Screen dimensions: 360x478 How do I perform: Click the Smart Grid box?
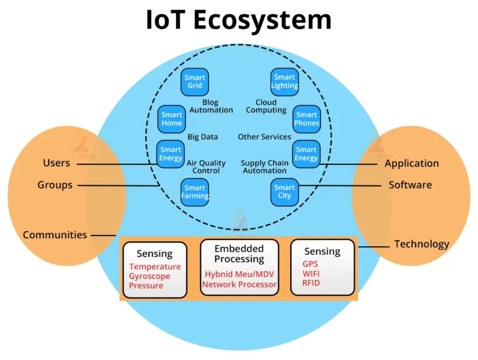[195, 82]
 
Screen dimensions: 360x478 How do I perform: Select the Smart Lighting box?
[284, 82]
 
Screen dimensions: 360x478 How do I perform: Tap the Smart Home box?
[172, 119]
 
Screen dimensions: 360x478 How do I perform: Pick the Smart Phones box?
[306, 119]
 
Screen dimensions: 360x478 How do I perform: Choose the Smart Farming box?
[195, 192]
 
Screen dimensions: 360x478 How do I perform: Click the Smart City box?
[284, 192]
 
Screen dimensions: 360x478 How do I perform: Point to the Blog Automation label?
[211, 106]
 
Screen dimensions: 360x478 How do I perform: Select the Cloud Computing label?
[266, 106]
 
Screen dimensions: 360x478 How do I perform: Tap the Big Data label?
[203, 137]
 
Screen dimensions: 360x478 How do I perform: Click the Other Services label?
[265, 137]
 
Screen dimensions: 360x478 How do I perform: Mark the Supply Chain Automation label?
[265, 167]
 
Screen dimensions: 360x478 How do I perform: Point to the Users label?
[56, 164]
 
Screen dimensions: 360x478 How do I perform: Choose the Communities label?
[55, 235]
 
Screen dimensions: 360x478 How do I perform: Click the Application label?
[411, 164]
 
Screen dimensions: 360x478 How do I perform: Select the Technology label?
[421, 244]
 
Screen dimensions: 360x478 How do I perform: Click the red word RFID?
[311, 283]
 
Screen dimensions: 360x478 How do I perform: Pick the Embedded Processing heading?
[239, 254]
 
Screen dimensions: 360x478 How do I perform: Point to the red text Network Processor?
[239, 285]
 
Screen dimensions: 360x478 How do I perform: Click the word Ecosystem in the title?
[261, 20]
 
